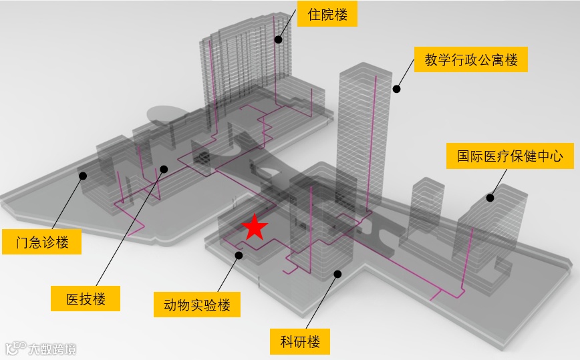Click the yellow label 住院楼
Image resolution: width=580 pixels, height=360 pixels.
327,14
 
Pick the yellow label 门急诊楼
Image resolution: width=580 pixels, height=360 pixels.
43,242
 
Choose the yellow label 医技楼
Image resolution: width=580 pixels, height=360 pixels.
86,298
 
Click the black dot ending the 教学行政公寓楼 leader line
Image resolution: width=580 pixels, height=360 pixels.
396,88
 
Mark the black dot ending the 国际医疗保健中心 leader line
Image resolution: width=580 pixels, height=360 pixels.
490,197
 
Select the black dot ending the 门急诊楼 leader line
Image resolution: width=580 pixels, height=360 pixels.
83,176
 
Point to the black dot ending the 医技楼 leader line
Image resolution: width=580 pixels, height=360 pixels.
164,170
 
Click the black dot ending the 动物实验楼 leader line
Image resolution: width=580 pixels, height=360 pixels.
239,254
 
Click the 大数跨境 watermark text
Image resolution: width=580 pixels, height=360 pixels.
51,349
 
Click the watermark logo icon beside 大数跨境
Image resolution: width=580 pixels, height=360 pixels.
15,349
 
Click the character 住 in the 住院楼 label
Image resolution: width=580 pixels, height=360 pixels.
314,14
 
